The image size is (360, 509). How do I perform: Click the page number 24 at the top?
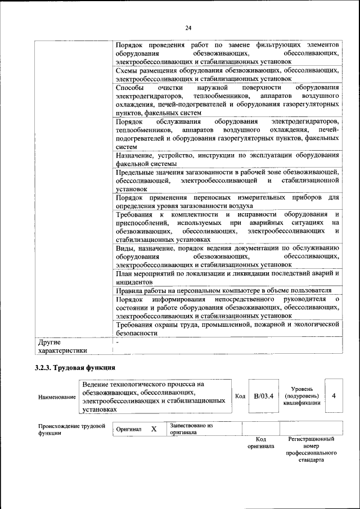[x=188, y=28]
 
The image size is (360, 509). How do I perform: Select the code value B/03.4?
[x=263, y=396]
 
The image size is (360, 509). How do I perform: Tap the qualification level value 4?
[x=334, y=396]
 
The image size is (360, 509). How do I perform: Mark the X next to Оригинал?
[x=154, y=429]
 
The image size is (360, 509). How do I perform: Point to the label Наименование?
[x=57, y=397]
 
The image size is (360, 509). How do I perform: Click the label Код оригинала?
[x=260, y=443]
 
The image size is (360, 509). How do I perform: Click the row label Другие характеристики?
[x=62, y=346]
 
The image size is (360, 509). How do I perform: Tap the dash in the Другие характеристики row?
[x=118, y=341]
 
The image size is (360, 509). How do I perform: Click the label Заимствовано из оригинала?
[x=191, y=429]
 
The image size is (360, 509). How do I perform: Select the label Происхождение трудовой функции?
[x=71, y=430]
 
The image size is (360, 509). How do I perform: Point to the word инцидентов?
[x=134, y=281]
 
